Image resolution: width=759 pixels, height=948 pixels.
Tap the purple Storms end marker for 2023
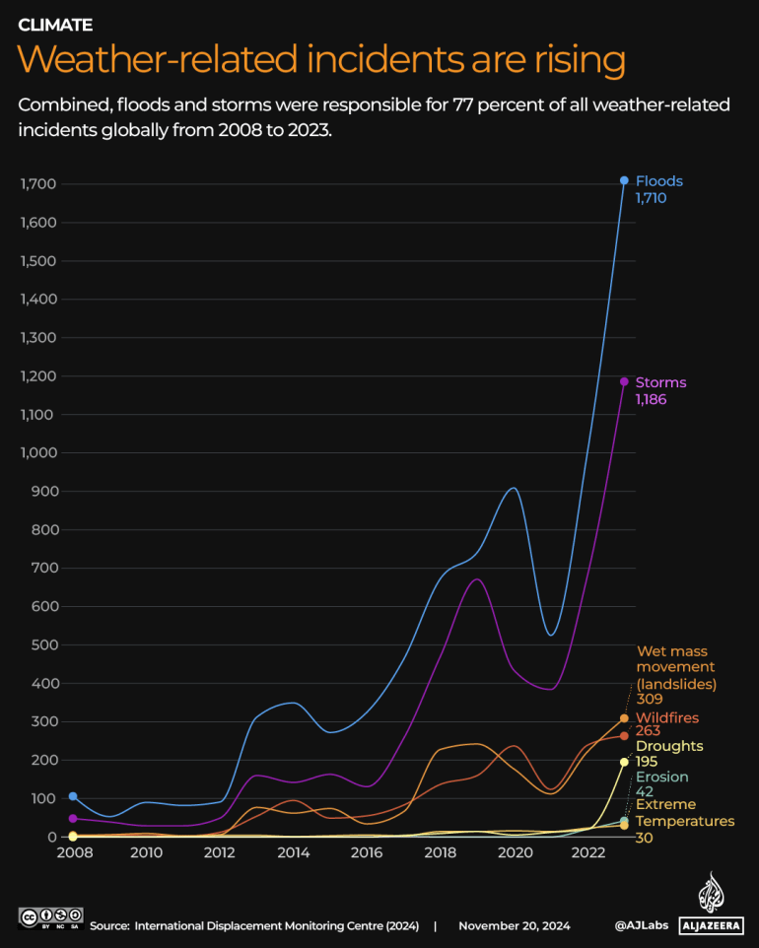[624, 381]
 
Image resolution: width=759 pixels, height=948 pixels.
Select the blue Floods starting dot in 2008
[73, 796]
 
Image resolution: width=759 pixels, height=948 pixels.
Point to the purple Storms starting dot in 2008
[73, 819]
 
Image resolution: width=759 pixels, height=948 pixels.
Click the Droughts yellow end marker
[624, 762]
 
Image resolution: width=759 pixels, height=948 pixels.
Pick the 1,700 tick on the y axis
[38, 184]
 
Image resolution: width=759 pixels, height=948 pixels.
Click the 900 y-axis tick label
[46, 491]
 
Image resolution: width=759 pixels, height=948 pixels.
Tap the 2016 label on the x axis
[367, 853]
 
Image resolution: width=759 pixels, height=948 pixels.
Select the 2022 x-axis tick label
[587, 853]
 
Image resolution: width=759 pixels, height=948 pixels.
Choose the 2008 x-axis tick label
[73, 853]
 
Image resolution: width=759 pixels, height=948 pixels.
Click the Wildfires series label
[667, 717]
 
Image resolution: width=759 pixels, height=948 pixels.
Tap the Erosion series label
[661, 777]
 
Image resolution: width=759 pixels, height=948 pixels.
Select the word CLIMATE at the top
[55, 24]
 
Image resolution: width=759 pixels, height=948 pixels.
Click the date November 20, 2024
[514, 926]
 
